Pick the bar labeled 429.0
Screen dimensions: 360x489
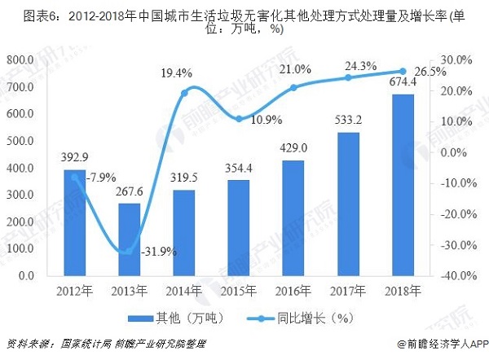point(292,218)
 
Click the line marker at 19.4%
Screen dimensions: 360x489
point(183,93)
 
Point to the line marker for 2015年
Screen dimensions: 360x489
point(238,119)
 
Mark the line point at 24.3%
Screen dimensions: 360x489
point(347,77)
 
